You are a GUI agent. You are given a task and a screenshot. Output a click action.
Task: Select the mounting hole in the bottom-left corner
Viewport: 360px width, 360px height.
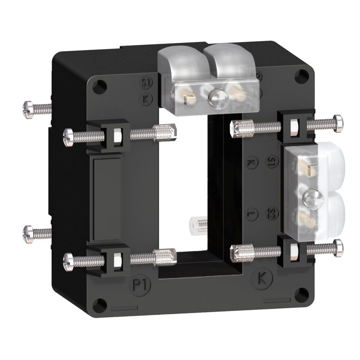point(99,305)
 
